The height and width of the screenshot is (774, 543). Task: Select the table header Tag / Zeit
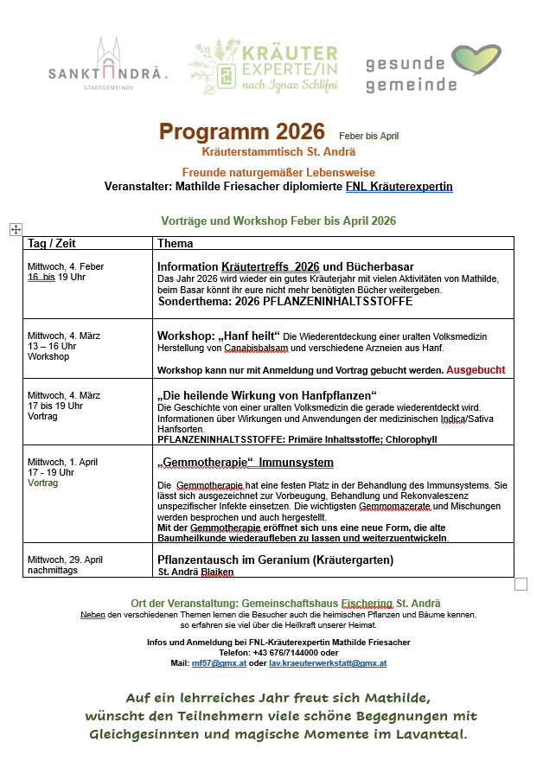click(x=51, y=244)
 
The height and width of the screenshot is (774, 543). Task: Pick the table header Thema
click(x=176, y=244)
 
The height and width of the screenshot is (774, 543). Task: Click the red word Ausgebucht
click(x=476, y=369)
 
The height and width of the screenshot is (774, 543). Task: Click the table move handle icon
click(x=16, y=228)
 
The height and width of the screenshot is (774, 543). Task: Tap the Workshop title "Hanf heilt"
click(x=219, y=336)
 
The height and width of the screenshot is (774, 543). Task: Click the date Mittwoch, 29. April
click(x=66, y=560)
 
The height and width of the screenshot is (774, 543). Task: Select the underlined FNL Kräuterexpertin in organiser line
click(x=399, y=186)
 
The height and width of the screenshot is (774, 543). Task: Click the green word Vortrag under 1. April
click(x=42, y=483)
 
